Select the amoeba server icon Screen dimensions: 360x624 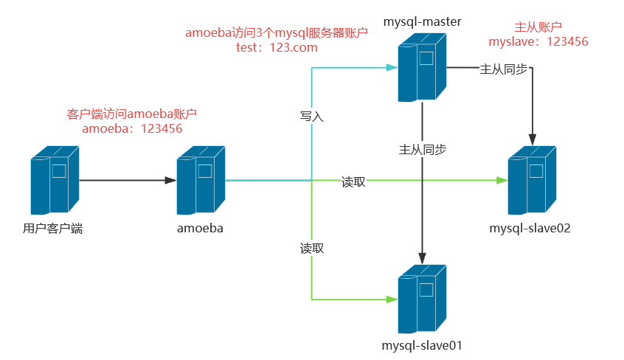[x=201, y=180]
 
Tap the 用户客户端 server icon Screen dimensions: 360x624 [x=54, y=180]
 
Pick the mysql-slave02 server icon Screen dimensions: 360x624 [x=533, y=180]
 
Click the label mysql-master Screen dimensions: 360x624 [x=422, y=22]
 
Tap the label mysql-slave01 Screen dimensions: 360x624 [x=422, y=345]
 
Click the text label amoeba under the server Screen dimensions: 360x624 [x=200, y=228]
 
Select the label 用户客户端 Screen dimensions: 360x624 [x=53, y=228]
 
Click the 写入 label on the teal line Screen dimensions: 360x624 [x=312, y=117]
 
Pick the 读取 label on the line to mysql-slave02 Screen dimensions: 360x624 [x=353, y=181]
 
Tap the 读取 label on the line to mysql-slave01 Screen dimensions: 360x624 [x=312, y=248]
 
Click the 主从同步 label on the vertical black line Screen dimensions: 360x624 [x=422, y=149]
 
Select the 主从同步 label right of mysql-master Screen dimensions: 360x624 [x=504, y=69]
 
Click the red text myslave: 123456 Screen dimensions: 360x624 [x=541, y=42]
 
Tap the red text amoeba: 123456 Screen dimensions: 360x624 [x=132, y=128]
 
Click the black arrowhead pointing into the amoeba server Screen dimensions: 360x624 [x=170, y=180]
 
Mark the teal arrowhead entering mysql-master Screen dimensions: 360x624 [x=392, y=68]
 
